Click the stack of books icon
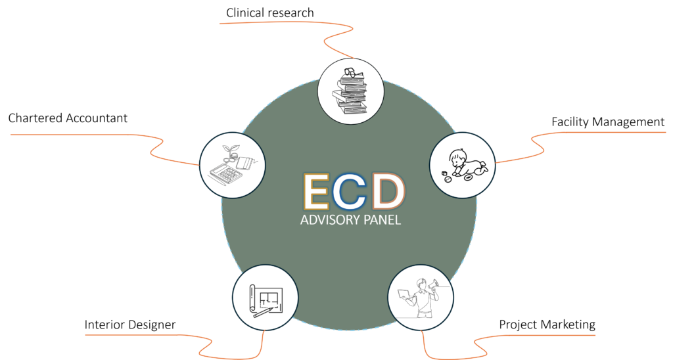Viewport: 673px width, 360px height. click(x=350, y=92)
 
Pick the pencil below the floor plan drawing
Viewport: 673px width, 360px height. click(x=264, y=313)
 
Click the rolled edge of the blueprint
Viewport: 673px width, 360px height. click(x=252, y=299)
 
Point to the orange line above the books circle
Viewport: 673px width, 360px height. click(x=289, y=24)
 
